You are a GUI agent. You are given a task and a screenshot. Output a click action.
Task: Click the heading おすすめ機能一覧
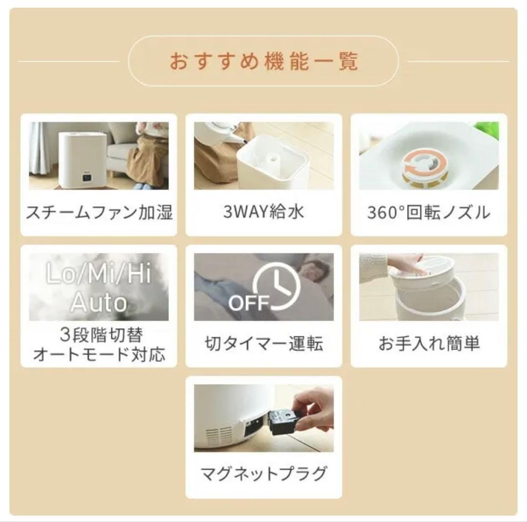point(263,61)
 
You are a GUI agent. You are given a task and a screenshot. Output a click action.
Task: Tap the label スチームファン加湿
point(99,212)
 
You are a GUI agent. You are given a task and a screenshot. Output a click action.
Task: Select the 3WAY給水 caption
point(263,212)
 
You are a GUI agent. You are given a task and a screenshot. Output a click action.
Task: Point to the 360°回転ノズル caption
point(428,212)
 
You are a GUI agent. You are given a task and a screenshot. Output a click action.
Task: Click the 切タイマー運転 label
point(263,343)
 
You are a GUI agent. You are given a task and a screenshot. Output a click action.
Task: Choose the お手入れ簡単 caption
point(429,343)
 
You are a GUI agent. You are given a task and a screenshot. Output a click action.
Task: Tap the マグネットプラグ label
point(263,473)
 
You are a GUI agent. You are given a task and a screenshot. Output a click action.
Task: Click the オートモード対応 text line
point(99,354)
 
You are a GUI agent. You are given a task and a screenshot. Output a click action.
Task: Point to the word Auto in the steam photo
point(99,302)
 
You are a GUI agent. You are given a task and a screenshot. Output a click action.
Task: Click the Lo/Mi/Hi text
point(99,273)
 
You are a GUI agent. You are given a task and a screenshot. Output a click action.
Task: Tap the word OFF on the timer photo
point(249,302)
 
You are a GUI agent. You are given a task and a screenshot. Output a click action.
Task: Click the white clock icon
point(277,286)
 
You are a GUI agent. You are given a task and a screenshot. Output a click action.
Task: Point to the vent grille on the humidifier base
point(219,436)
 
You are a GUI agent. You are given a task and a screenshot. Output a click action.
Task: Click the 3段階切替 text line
point(101,335)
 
